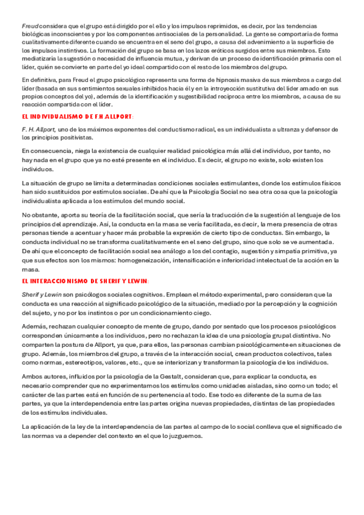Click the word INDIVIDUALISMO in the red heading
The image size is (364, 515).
pos(57,116)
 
